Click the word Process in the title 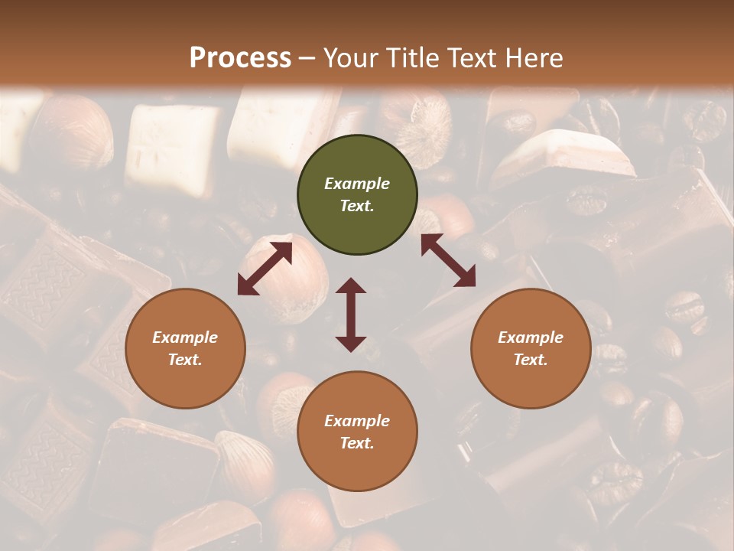coord(240,58)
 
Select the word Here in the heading coord(534,58)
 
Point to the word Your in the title coord(349,58)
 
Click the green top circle coord(357,195)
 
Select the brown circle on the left coord(185,349)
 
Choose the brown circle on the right coord(531,349)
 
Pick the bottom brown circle coord(357,432)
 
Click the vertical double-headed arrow coord(351,315)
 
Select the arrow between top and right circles coord(448,260)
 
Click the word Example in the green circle coord(357,184)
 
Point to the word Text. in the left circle coord(185,360)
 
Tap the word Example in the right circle coord(531,337)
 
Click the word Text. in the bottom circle coord(357,443)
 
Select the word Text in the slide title coord(468,58)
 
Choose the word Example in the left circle coord(185,337)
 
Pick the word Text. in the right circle coord(531,360)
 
